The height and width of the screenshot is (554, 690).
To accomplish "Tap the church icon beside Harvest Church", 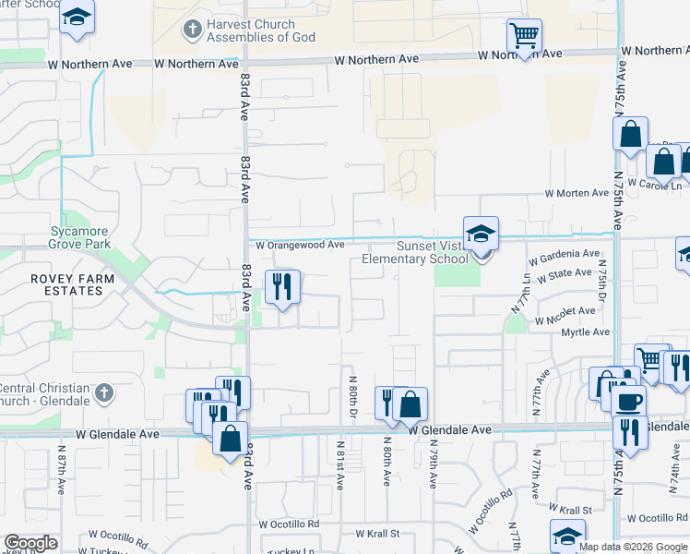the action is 192,30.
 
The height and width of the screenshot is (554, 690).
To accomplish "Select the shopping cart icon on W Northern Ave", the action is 524,37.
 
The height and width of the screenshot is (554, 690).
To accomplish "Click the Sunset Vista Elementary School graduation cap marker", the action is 481,235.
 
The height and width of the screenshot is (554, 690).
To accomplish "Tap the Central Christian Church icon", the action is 103,392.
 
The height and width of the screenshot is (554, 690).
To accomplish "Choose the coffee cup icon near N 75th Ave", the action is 628,403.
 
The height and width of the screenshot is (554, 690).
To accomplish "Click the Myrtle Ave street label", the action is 588,332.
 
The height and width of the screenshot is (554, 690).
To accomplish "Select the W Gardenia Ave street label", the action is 564,254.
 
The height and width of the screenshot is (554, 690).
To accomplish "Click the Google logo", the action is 31,543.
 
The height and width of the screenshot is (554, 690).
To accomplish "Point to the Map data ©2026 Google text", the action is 632,547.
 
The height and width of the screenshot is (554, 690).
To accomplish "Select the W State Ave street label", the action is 564,274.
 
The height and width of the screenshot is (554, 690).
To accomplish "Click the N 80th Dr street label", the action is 352,399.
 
